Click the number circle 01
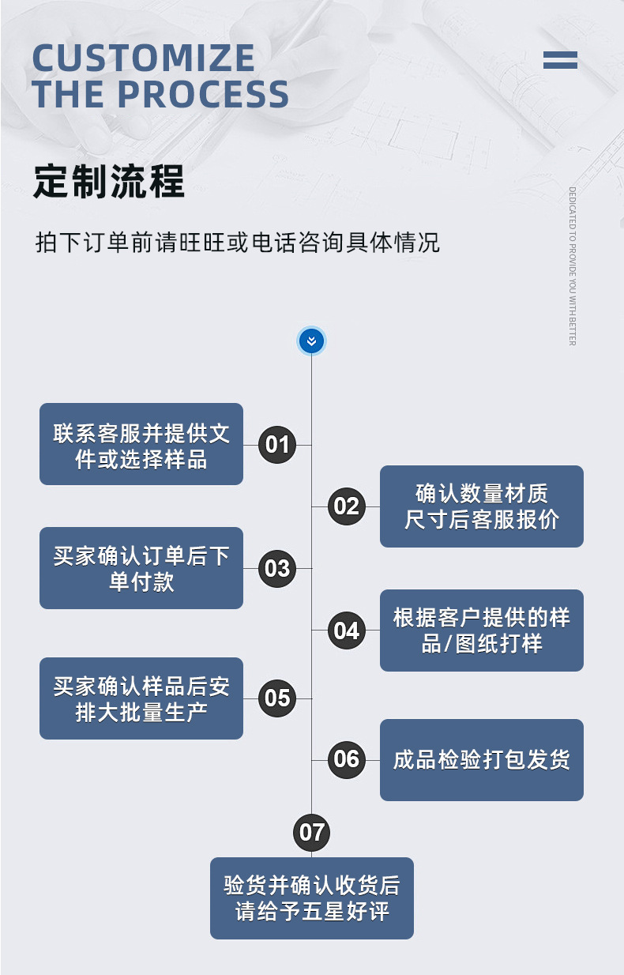(x=277, y=444)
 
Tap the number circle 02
(x=346, y=506)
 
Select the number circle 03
(x=277, y=568)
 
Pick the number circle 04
(x=346, y=631)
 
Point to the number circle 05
(x=277, y=698)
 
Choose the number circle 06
(x=346, y=759)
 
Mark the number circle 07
(x=311, y=832)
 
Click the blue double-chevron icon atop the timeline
(x=311, y=341)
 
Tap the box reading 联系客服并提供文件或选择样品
(x=141, y=444)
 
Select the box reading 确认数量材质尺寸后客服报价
(x=481, y=506)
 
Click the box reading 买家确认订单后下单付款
(x=141, y=568)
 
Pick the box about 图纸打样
(x=481, y=631)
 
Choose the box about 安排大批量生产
(x=141, y=698)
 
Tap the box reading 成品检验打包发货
(x=481, y=760)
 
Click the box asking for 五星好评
(x=311, y=898)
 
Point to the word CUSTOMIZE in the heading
(x=144, y=58)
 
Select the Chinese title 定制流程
(x=109, y=182)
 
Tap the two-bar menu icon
(x=560, y=60)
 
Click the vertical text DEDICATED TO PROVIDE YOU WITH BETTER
(x=572, y=265)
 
